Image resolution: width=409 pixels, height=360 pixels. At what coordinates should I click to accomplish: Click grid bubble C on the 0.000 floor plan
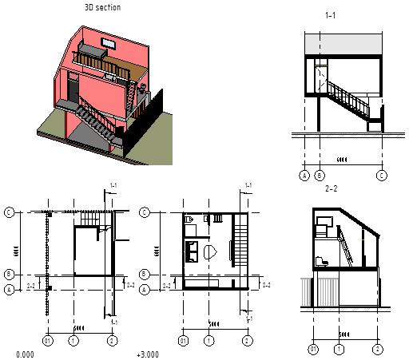pyautogui.click(x=10, y=212)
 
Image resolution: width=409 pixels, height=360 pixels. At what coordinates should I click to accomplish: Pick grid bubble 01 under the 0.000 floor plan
pyautogui.click(x=48, y=341)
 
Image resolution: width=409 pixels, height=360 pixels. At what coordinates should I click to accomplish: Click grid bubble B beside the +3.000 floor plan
pyautogui.click(x=145, y=273)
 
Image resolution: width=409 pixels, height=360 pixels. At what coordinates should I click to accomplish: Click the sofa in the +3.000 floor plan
pyautogui.click(x=193, y=252)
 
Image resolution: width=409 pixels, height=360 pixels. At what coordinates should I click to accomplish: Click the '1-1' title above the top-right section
pyautogui.click(x=332, y=15)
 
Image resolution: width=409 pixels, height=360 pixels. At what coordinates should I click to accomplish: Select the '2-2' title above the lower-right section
pyautogui.click(x=332, y=189)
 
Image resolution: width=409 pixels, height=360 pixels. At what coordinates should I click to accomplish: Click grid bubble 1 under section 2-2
pyautogui.click(x=340, y=349)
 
